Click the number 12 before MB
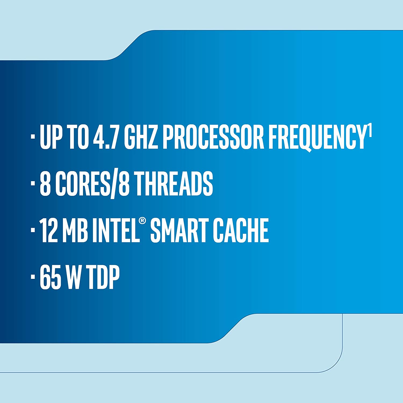pos(48,230)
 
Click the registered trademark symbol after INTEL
pos(142,221)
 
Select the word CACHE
pos(241,230)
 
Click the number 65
pos(50,277)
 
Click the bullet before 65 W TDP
pos(33,276)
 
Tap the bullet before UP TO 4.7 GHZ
pos(33,136)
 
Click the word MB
pos(75,230)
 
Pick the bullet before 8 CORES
pos(33,183)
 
